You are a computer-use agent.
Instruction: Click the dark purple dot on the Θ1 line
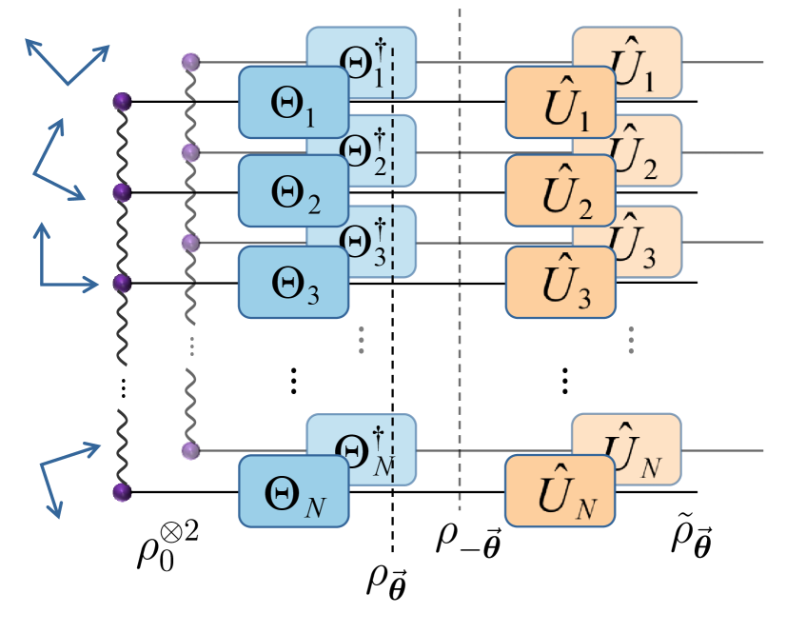[121, 101]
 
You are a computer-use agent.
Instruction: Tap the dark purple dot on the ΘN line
[121, 492]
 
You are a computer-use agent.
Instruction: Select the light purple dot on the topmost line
[190, 63]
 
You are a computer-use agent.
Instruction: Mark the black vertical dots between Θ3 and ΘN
[293, 381]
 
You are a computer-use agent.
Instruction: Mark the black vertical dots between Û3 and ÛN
[564, 381]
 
